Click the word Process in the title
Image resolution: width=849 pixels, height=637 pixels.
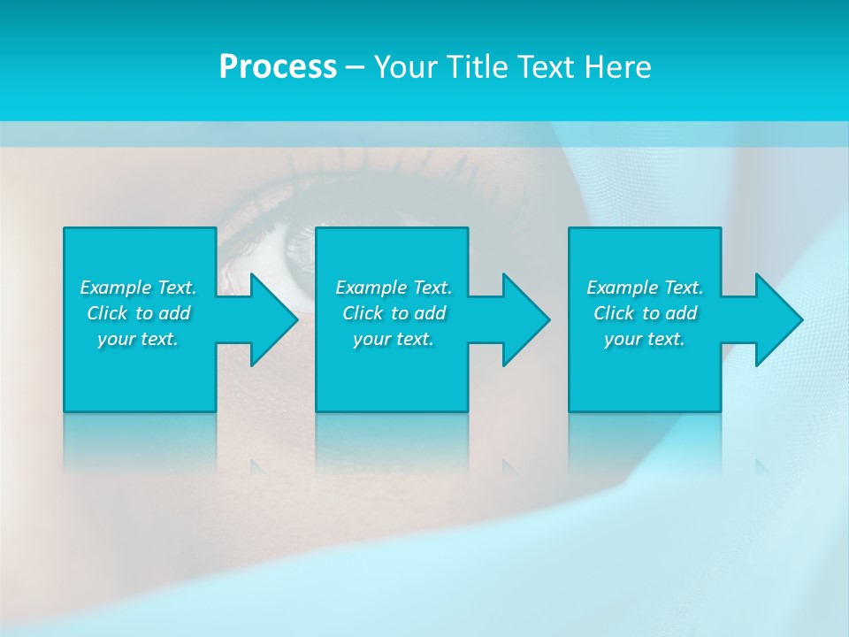[x=278, y=67]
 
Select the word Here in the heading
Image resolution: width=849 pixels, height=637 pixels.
[x=618, y=67]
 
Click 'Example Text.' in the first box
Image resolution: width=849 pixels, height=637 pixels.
[x=138, y=288]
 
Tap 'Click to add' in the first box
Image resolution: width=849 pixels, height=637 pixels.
[x=138, y=313]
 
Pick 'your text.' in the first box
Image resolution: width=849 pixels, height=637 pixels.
[x=138, y=339]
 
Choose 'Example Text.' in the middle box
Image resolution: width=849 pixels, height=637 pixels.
[x=394, y=288]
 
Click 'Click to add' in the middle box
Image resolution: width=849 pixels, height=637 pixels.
[x=394, y=313]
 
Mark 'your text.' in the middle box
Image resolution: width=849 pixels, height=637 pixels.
[x=394, y=339]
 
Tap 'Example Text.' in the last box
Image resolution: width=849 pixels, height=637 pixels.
[x=645, y=288]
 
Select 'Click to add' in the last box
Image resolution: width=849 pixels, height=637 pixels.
[x=645, y=313]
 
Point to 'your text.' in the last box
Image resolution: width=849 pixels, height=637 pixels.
[x=645, y=339]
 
